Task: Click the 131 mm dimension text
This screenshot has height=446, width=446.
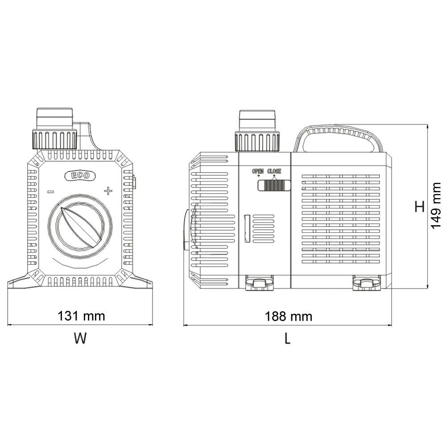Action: tap(81, 316)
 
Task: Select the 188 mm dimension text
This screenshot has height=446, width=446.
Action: tap(289, 317)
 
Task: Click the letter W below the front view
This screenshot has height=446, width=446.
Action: tap(80, 339)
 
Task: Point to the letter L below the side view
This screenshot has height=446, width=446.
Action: tap(288, 339)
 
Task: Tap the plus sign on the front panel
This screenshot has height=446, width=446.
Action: tap(108, 191)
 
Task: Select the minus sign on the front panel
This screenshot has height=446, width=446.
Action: tap(51, 192)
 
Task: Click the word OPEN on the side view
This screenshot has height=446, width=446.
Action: tap(258, 171)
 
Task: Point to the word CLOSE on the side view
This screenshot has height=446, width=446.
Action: tap(274, 171)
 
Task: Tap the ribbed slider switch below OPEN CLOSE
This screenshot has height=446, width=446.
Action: tap(274, 185)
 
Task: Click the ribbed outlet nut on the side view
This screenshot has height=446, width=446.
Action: tap(257, 141)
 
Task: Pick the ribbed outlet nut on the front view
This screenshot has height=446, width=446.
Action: tap(54, 139)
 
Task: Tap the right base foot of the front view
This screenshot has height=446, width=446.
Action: tap(138, 282)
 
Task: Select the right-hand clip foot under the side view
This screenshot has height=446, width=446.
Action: tap(367, 283)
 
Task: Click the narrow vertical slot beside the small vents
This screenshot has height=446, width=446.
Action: tap(247, 228)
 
